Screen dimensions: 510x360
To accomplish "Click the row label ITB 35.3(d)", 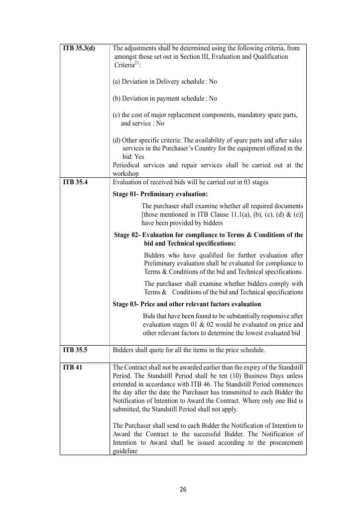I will click(79, 48).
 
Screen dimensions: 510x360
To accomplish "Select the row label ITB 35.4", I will click(75, 182).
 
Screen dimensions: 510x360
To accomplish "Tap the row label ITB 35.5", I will click(75, 350).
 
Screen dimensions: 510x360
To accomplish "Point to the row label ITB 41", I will click(72, 368).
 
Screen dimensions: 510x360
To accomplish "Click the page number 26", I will click(183, 489).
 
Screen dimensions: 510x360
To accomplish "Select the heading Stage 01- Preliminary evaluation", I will click(160, 194).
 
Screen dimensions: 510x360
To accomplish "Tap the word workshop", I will click(125, 174).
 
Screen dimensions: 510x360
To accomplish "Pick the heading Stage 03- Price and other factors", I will click(187, 304).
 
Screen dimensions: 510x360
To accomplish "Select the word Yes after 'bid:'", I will click(139, 156).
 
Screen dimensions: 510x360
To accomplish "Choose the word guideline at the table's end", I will click(125, 451).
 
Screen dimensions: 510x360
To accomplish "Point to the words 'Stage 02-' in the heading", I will click(127, 235).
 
